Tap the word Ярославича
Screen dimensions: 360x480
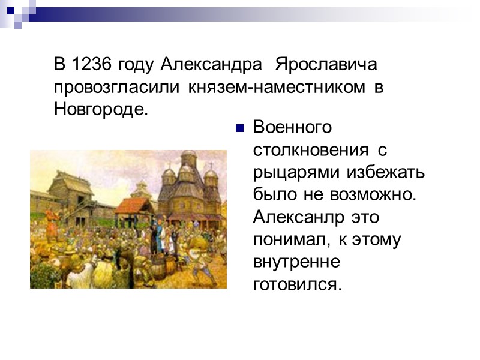pos(326,63)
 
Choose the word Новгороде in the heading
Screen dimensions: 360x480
pos(99,110)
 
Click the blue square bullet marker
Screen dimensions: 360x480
pos(239,128)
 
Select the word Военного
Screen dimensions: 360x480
pos(292,128)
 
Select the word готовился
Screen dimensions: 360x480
pos(296,284)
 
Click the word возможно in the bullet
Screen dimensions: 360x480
pos(382,196)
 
